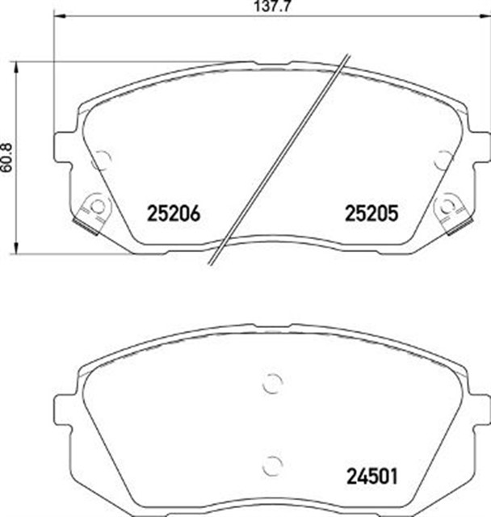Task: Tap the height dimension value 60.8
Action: tap(7, 167)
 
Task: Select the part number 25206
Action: tap(172, 214)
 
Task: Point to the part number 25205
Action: tap(371, 214)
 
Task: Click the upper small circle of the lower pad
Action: tap(272, 385)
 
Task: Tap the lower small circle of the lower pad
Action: tap(272, 464)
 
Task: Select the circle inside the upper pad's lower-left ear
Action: tap(98, 206)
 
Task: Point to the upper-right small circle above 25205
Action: tap(442, 160)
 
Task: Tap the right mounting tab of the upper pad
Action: tap(478, 148)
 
